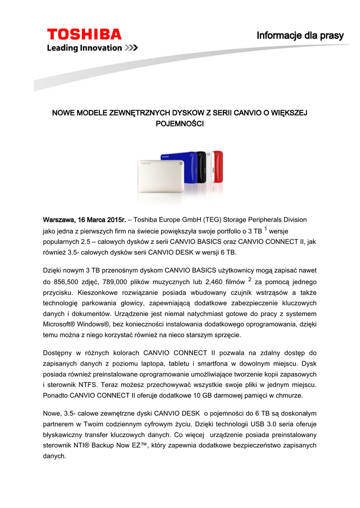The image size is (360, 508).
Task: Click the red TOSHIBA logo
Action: click(84, 34)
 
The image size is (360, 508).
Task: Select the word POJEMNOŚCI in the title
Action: click(180, 125)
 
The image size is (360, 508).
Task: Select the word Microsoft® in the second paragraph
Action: click(63, 324)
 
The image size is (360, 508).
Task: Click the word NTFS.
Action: click(90, 385)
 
